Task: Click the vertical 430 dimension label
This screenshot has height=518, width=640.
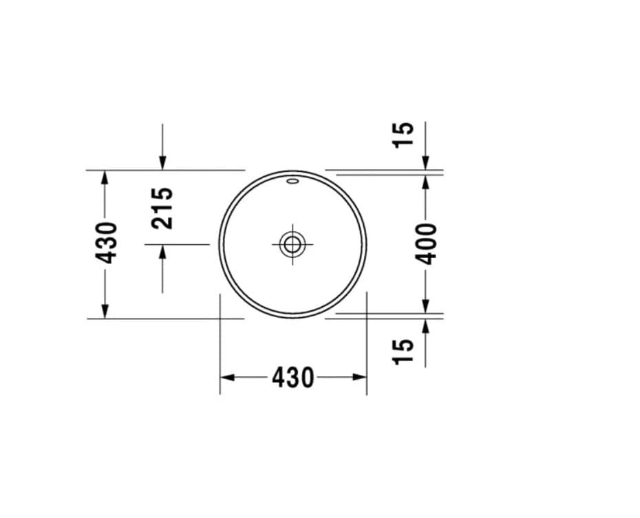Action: click(106, 243)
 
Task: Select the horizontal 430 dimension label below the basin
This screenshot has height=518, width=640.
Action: click(292, 378)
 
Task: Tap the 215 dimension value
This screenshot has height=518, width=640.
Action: click(162, 208)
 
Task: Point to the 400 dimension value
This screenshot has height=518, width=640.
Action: click(425, 244)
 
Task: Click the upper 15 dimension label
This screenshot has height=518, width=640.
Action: click(403, 135)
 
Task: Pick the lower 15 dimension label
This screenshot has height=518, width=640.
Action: click(403, 351)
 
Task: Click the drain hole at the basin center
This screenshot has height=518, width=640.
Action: click(292, 245)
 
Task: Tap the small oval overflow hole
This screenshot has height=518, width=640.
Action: click(292, 181)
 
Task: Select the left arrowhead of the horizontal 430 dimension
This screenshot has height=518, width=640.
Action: click(227, 378)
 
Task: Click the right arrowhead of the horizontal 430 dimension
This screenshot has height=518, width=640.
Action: click(360, 378)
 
